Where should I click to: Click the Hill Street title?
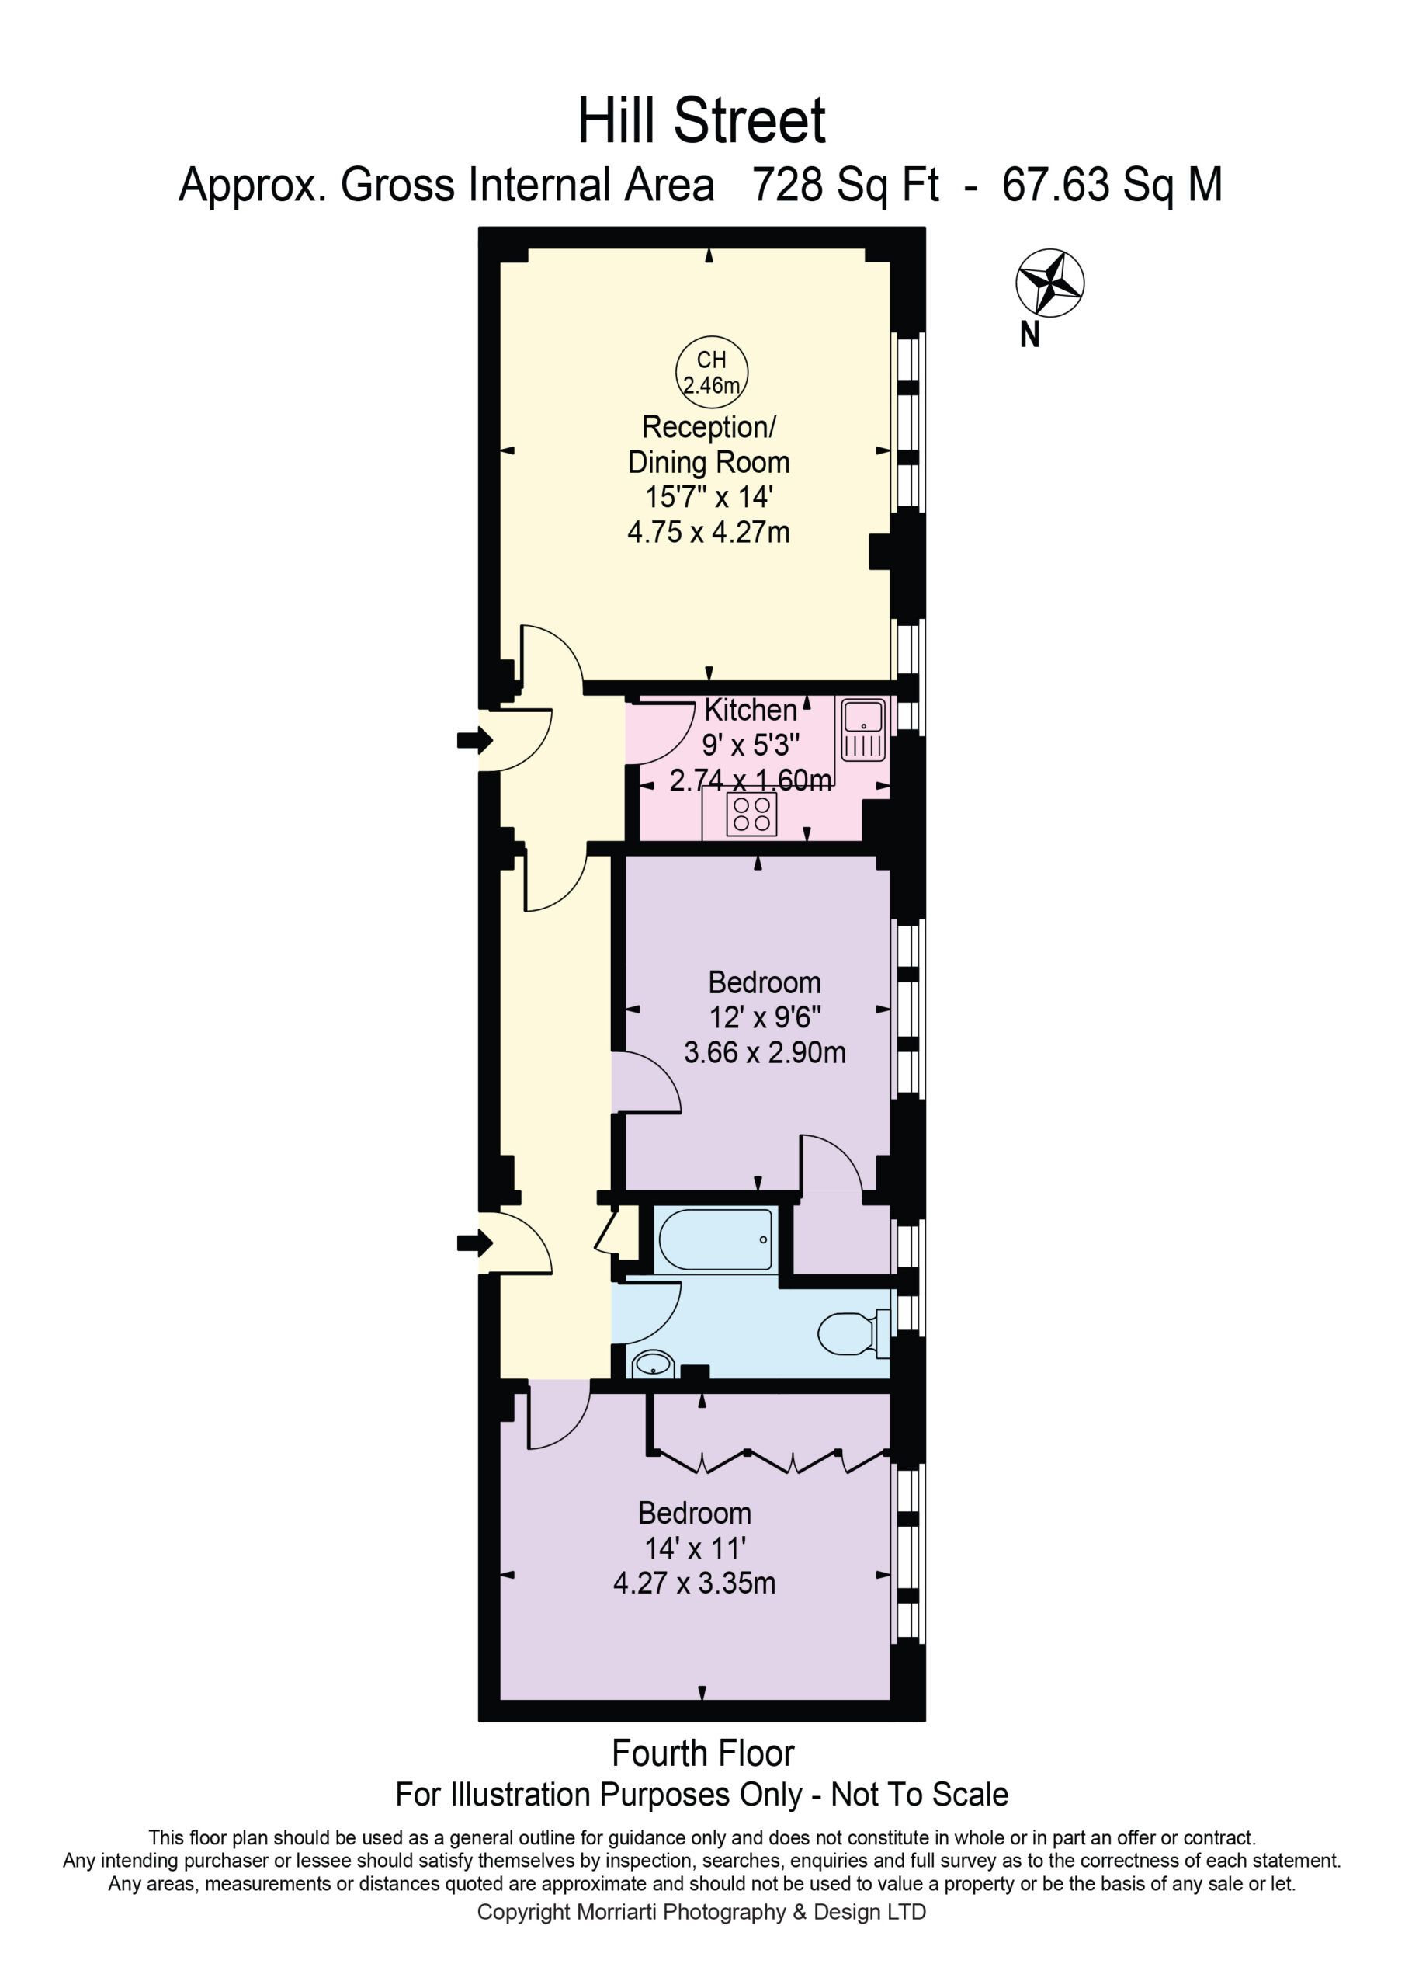701,121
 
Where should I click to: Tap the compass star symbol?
1049,282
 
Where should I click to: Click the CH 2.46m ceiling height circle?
712,372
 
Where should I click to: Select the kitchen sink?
863,730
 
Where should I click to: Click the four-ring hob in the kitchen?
751,814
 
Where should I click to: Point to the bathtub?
716,1239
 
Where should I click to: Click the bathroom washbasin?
653,1364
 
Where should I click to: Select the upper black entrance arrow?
475,740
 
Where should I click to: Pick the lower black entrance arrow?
475,1243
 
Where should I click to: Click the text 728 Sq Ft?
846,186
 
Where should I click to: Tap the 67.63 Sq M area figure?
1112,186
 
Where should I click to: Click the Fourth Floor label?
703,1753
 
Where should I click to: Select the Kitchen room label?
750,710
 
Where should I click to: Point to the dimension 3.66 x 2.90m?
765,1052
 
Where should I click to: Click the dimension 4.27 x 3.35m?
694,1583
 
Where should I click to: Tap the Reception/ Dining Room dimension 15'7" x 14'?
709,497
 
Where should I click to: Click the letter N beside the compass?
1029,334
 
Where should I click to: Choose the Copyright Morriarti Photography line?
701,1912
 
